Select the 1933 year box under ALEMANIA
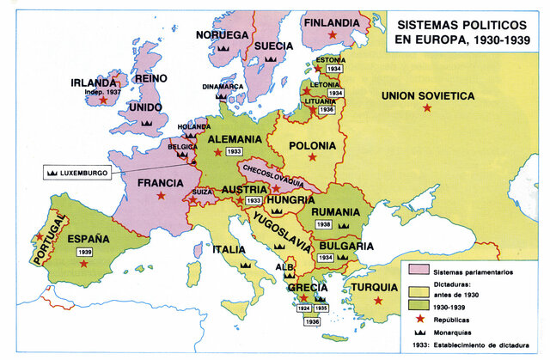(234, 152)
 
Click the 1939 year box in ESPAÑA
(84, 253)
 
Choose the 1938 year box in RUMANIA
(324, 224)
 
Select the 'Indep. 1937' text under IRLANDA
(105, 91)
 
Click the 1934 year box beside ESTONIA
(334, 68)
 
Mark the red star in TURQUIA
(378, 300)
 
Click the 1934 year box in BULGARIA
(325, 257)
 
